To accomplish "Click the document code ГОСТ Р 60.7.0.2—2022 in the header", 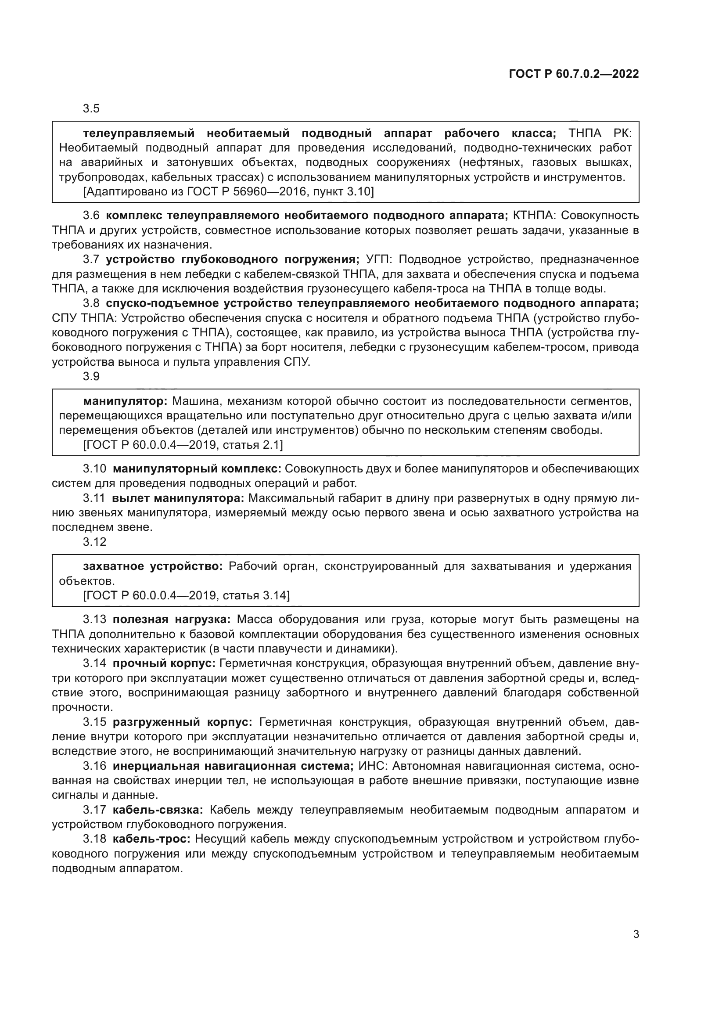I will [574, 74].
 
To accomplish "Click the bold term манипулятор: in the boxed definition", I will [125, 401].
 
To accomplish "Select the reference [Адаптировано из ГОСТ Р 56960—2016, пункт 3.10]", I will [228, 192].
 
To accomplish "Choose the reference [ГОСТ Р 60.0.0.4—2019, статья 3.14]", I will [187, 595].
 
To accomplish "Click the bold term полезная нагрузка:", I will [172, 620].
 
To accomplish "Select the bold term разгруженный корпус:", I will [183, 722].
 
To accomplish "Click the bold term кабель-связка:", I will [158, 810].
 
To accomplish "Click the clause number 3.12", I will [94, 542].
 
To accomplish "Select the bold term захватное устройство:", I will [153, 566].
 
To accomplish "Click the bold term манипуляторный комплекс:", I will [197, 469].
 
